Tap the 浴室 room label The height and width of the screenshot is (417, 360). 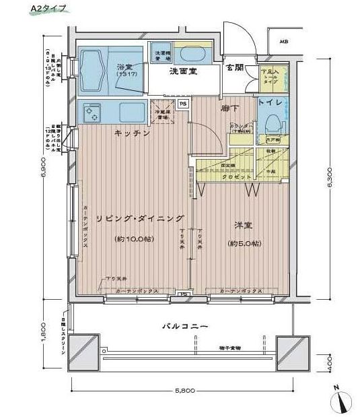(124, 67)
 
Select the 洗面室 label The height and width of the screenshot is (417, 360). (182, 71)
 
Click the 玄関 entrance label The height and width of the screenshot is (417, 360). (234, 67)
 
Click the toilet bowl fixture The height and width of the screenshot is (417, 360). (273, 124)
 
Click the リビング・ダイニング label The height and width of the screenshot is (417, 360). (140, 218)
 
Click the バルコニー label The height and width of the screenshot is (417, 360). (184, 326)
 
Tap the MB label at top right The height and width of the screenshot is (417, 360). (285, 41)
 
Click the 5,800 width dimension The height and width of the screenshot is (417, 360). (186, 391)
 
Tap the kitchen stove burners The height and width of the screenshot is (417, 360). (90, 112)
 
